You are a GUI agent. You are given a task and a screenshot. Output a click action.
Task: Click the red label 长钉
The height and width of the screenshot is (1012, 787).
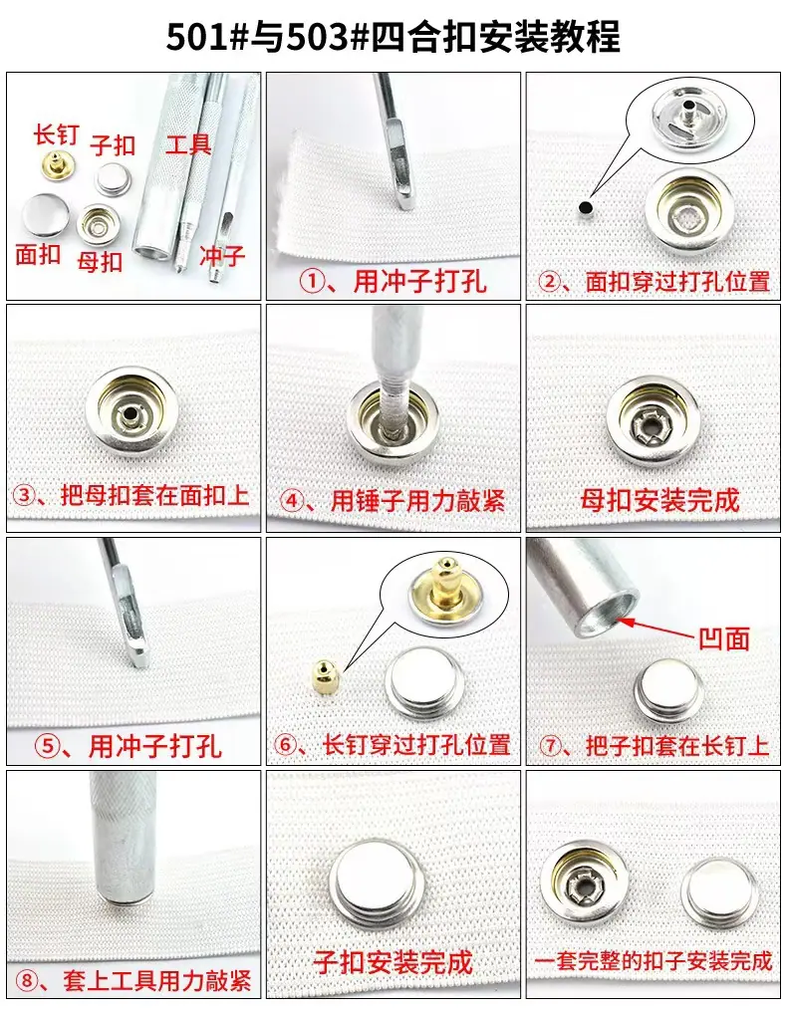56,134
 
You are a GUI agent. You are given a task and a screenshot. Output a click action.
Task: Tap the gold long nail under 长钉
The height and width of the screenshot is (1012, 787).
56,164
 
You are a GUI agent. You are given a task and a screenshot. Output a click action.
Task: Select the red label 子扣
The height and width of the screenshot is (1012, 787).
113,145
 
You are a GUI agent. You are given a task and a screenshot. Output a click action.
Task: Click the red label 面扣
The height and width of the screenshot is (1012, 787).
38,254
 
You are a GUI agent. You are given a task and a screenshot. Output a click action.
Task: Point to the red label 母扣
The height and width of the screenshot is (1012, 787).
100,262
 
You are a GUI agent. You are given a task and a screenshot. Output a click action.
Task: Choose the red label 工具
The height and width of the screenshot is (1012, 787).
188,143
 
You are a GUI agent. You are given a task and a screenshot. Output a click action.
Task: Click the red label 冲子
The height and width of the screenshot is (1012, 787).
223,256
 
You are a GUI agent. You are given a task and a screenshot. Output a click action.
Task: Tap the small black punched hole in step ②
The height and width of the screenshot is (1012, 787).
586,208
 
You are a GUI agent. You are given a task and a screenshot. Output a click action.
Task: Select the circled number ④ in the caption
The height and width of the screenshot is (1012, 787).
293,501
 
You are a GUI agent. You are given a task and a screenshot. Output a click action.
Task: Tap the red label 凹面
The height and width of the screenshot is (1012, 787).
724,638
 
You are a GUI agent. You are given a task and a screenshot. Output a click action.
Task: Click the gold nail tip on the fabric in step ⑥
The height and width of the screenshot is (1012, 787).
324,677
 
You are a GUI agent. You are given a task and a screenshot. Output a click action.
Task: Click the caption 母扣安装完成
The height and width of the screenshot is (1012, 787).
659,501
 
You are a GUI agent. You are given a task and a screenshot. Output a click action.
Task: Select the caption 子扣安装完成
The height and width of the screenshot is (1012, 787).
393,962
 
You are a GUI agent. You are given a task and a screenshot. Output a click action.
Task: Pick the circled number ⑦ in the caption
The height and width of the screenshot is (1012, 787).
551,746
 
